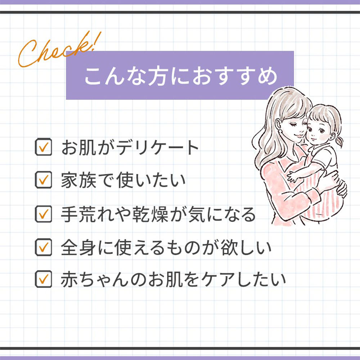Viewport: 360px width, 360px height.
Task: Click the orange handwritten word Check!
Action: tap(59, 49)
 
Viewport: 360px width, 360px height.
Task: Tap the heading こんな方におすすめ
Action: tap(181, 76)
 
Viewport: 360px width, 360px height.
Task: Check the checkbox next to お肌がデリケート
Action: tap(44, 147)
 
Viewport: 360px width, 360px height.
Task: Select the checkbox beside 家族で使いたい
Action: tap(44, 180)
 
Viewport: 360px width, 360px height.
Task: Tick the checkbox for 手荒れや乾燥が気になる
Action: tap(44, 214)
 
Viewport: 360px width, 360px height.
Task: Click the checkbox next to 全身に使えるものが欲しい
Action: tap(44, 247)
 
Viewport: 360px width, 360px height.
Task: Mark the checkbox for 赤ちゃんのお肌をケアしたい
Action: tap(44, 279)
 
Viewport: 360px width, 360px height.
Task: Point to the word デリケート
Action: tap(158, 147)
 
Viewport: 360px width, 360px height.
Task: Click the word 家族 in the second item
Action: tap(78, 180)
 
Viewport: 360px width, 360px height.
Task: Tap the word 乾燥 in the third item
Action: tap(150, 215)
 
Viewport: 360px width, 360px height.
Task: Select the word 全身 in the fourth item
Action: tap(78, 248)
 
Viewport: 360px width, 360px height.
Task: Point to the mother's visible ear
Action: tap(278, 125)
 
